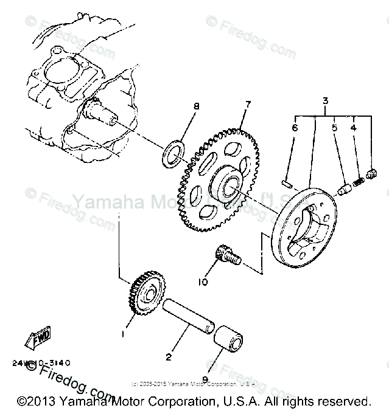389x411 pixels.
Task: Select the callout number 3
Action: (x=325, y=101)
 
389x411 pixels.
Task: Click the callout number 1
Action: (x=124, y=334)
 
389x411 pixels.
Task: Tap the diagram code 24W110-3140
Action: (x=40, y=363)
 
